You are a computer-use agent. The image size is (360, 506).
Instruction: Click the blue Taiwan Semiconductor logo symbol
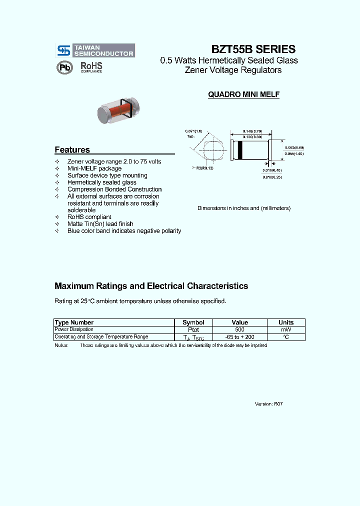63,50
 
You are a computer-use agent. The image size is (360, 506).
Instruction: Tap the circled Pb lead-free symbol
64,67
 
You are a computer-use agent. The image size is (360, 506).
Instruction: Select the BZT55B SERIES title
253,49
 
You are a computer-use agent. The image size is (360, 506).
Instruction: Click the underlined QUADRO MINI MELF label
243,94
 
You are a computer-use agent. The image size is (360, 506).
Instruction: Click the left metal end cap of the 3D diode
102,114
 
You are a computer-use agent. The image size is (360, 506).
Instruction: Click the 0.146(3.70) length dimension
250,131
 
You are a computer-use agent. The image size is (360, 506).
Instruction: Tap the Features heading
72,150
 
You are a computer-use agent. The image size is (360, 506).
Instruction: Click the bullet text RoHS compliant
89,217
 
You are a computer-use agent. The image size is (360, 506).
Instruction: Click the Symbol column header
193,322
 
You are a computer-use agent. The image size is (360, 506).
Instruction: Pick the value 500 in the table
240,330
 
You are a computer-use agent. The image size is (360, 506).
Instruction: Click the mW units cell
285,330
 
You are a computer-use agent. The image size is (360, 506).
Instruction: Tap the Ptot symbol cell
193,330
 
